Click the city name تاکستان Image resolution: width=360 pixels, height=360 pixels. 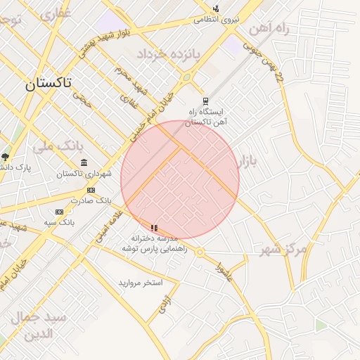(48, 83)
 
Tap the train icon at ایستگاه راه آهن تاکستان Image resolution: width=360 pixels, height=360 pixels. (205, 101)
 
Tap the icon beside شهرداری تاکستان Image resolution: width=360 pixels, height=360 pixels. (84, 162)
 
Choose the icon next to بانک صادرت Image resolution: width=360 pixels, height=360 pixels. (91, 190)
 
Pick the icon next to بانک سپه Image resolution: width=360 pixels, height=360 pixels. (59, 212)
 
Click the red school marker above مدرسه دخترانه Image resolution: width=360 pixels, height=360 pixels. (154, 228)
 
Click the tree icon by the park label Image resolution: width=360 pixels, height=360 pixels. (6, 157)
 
